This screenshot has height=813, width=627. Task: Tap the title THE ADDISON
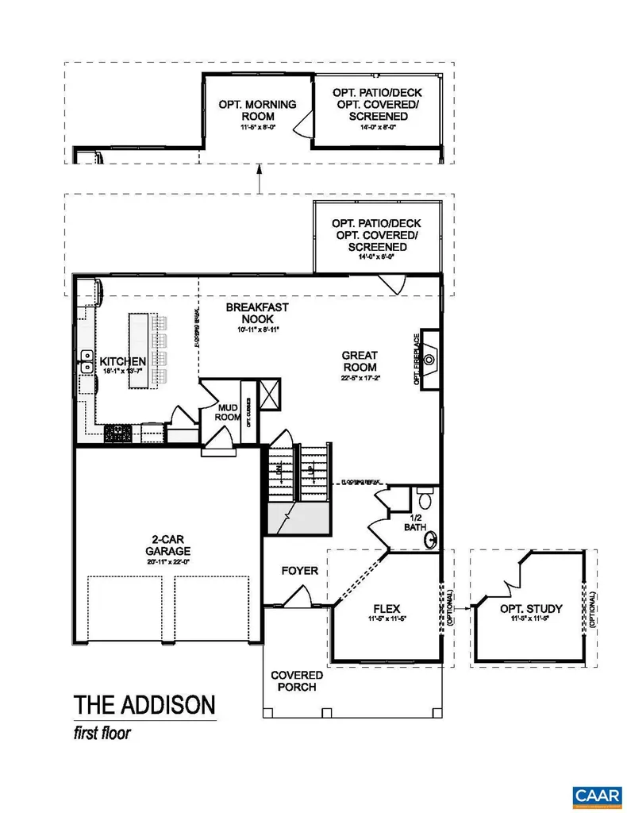(144, 704)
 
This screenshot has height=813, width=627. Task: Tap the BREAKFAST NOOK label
(256, 312)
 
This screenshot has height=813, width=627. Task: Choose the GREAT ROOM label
(360, 361)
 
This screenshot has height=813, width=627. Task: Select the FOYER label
(300, 570)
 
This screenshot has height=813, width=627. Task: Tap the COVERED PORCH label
(296, 681)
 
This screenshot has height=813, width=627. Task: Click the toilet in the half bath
(425, 499)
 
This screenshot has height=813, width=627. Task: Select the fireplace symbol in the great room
(429, 360)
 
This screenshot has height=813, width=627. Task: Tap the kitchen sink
(85, 367)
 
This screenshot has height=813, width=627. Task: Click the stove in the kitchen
(119, 433)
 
